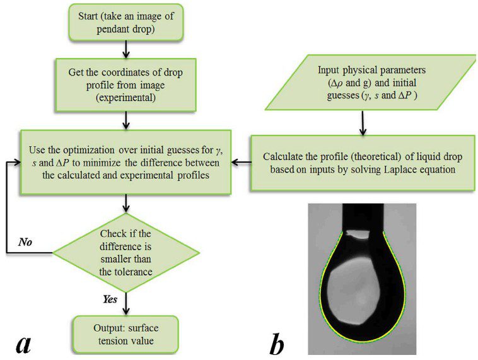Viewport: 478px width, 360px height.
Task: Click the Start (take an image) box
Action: [x=129, y=23]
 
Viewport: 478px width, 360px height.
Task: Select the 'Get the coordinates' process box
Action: [x=128, y=84]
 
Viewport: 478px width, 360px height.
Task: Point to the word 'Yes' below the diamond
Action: [x=111, y=300]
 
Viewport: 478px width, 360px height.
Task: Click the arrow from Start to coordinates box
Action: [x=129, y=48]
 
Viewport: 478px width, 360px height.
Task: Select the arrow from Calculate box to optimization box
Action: [x=240, y=162]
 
